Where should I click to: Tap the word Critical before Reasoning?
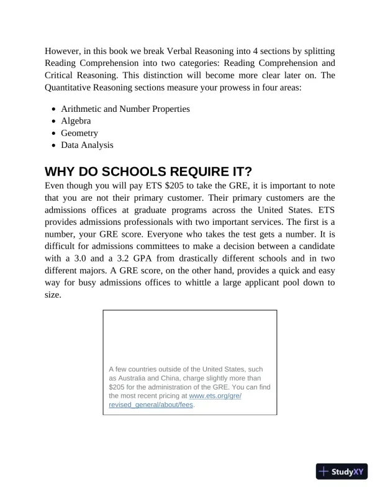61,75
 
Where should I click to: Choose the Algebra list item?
76,121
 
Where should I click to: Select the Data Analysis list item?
87,145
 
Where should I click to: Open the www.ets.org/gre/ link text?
215,395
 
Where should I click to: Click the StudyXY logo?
342,471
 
